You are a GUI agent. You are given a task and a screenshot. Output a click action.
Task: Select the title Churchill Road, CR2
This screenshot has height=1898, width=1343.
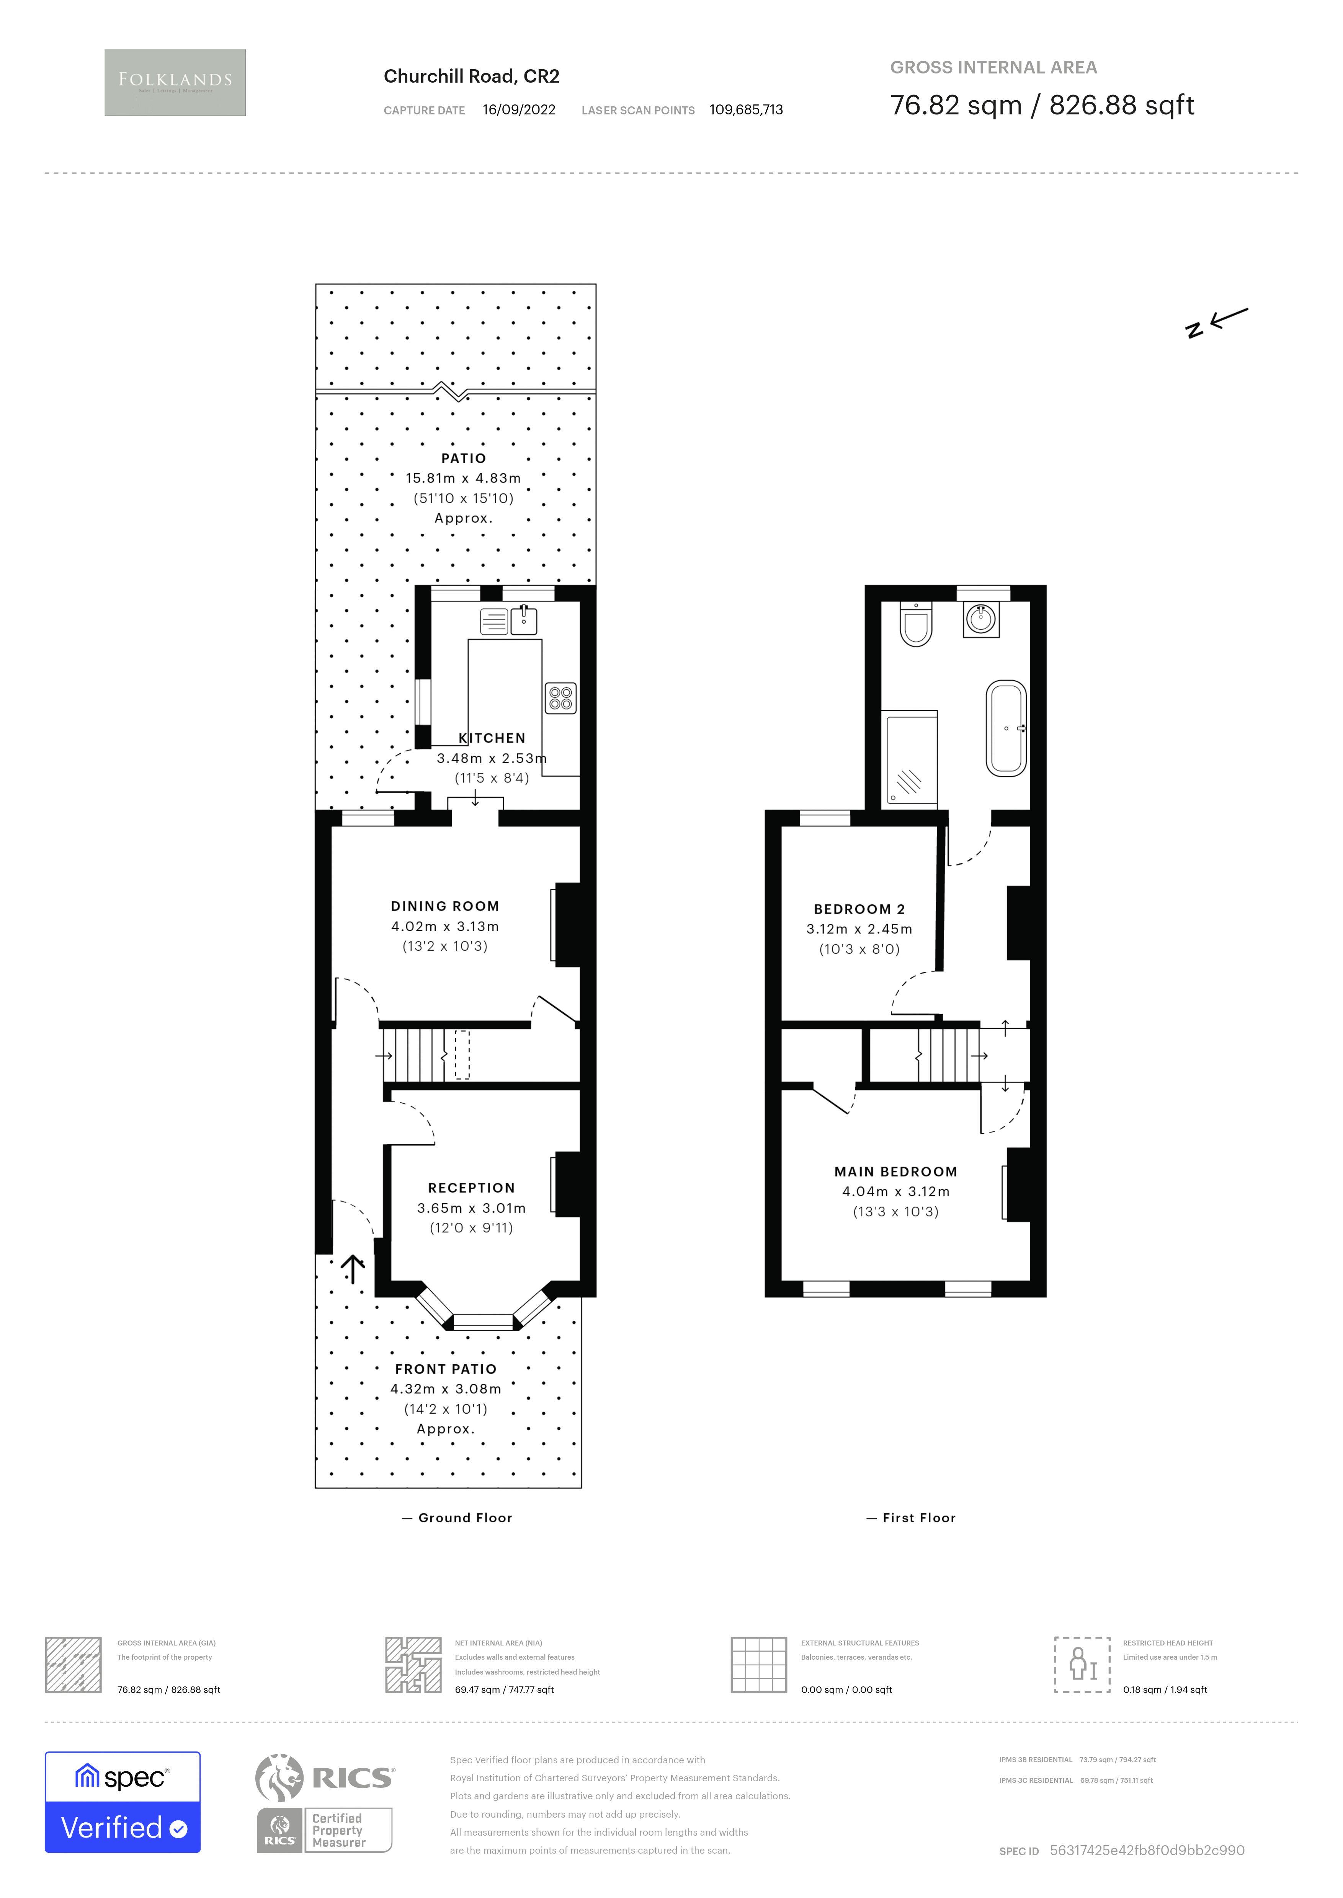click(x=471, y=76)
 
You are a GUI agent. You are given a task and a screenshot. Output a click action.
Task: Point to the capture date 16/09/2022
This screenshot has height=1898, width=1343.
click(x=518, y=110)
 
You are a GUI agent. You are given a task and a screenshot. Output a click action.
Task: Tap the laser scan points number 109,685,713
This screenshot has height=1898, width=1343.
click(x=746, y=110)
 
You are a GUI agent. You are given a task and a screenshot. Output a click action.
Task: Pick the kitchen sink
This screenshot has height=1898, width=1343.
click(x=523, y=620)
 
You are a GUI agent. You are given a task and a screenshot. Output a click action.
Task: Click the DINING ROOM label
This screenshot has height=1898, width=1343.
click(x=445, y=906)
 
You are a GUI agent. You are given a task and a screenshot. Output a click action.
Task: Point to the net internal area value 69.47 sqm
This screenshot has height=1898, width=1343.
click(x=504, y=1689)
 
